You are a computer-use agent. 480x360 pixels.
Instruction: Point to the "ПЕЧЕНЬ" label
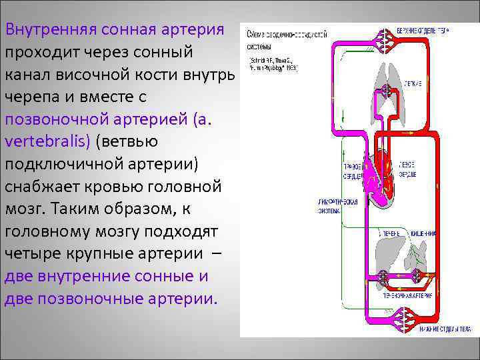pyautogui.click(x=390, y=234)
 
